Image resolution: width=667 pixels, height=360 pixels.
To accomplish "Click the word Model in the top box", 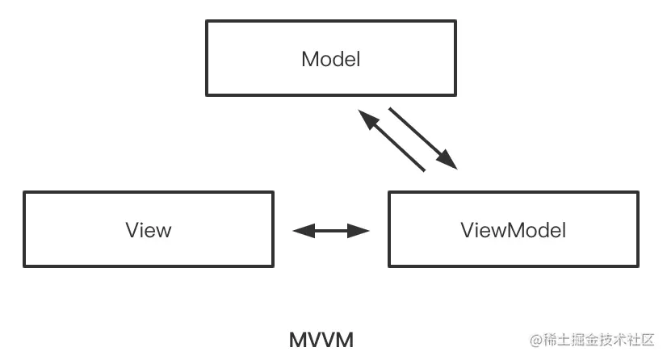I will point(330,59).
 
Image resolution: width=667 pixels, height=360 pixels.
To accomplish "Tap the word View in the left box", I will point(149,230).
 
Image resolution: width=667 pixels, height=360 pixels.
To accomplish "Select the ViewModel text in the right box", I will point(513,230).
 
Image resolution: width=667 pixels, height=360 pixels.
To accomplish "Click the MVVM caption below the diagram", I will point(321,340).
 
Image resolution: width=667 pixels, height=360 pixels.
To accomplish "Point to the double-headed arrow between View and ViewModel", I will point(331,231).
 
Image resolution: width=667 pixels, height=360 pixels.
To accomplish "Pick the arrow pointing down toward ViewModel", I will point(423,138).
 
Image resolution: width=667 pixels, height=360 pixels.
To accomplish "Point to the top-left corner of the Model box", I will point(208,22).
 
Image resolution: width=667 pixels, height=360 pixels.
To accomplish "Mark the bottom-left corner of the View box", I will point(24,264).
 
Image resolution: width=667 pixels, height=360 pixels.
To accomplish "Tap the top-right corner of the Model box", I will point(455,22).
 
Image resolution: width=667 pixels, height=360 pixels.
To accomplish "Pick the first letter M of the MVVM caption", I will point(296,340).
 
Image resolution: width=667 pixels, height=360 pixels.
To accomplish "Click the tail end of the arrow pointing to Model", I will point(424,170).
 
